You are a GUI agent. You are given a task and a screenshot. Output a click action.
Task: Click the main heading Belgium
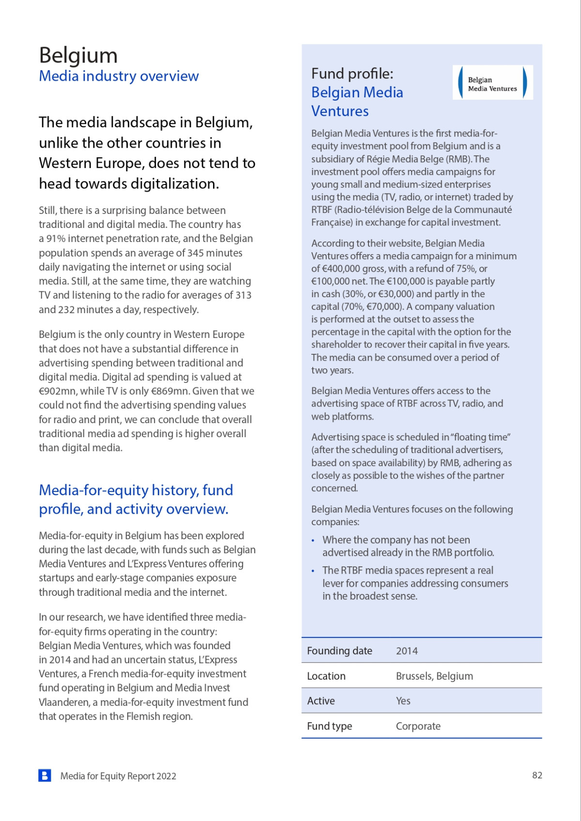[x=78, y=55]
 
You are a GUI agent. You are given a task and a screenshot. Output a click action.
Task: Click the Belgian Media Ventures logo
[x=492, y=83]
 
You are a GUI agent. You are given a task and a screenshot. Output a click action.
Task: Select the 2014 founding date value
[x=407, y=651]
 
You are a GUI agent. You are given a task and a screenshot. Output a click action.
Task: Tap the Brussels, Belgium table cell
[x=434, y=676]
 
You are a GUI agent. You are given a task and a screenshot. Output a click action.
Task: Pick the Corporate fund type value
[x=418, y=726]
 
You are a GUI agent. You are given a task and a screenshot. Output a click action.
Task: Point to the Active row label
[x=321, y=701]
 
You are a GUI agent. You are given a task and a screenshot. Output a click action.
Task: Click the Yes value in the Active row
[x=403, y=701]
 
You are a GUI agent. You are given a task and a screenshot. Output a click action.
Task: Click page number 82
[x=537, y=775]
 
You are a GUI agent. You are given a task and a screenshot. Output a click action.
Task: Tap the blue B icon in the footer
[x=45, y=775]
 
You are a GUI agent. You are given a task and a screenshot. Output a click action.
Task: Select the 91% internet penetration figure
[x=56, y=239]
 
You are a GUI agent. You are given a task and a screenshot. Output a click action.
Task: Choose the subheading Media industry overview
[x=119, y=76]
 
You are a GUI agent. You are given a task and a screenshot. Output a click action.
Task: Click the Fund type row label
[x=329, y=726]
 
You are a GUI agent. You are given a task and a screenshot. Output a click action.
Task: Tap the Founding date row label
[x=339, y=651]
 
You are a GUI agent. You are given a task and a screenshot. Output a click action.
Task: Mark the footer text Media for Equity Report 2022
[x=118, y=776]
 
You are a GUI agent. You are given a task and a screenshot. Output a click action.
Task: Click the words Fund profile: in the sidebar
[x=352, y=74]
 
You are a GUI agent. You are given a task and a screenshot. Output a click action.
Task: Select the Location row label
[x=326, y=676]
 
